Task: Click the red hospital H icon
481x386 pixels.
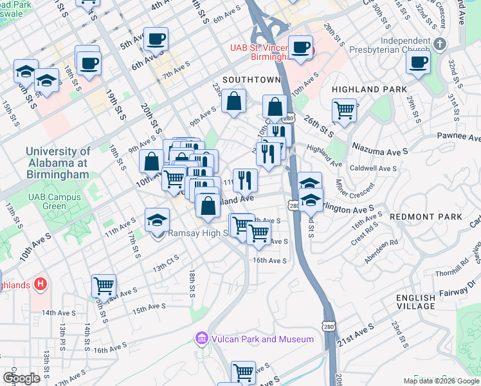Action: click(x=40, y=283)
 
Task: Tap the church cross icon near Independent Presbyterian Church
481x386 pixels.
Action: click(x=440, y=44)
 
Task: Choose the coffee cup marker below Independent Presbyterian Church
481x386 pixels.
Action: click(x=418, y=63)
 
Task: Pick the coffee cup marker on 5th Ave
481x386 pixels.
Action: click(x=156, y=39)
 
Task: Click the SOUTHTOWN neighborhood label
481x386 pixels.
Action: click(x=251, y=80)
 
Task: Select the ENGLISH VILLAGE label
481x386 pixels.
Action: click(x=415, y=302)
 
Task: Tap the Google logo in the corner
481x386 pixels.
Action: click(x=21, y=378)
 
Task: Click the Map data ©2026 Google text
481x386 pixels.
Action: click(x=440, y=381)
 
